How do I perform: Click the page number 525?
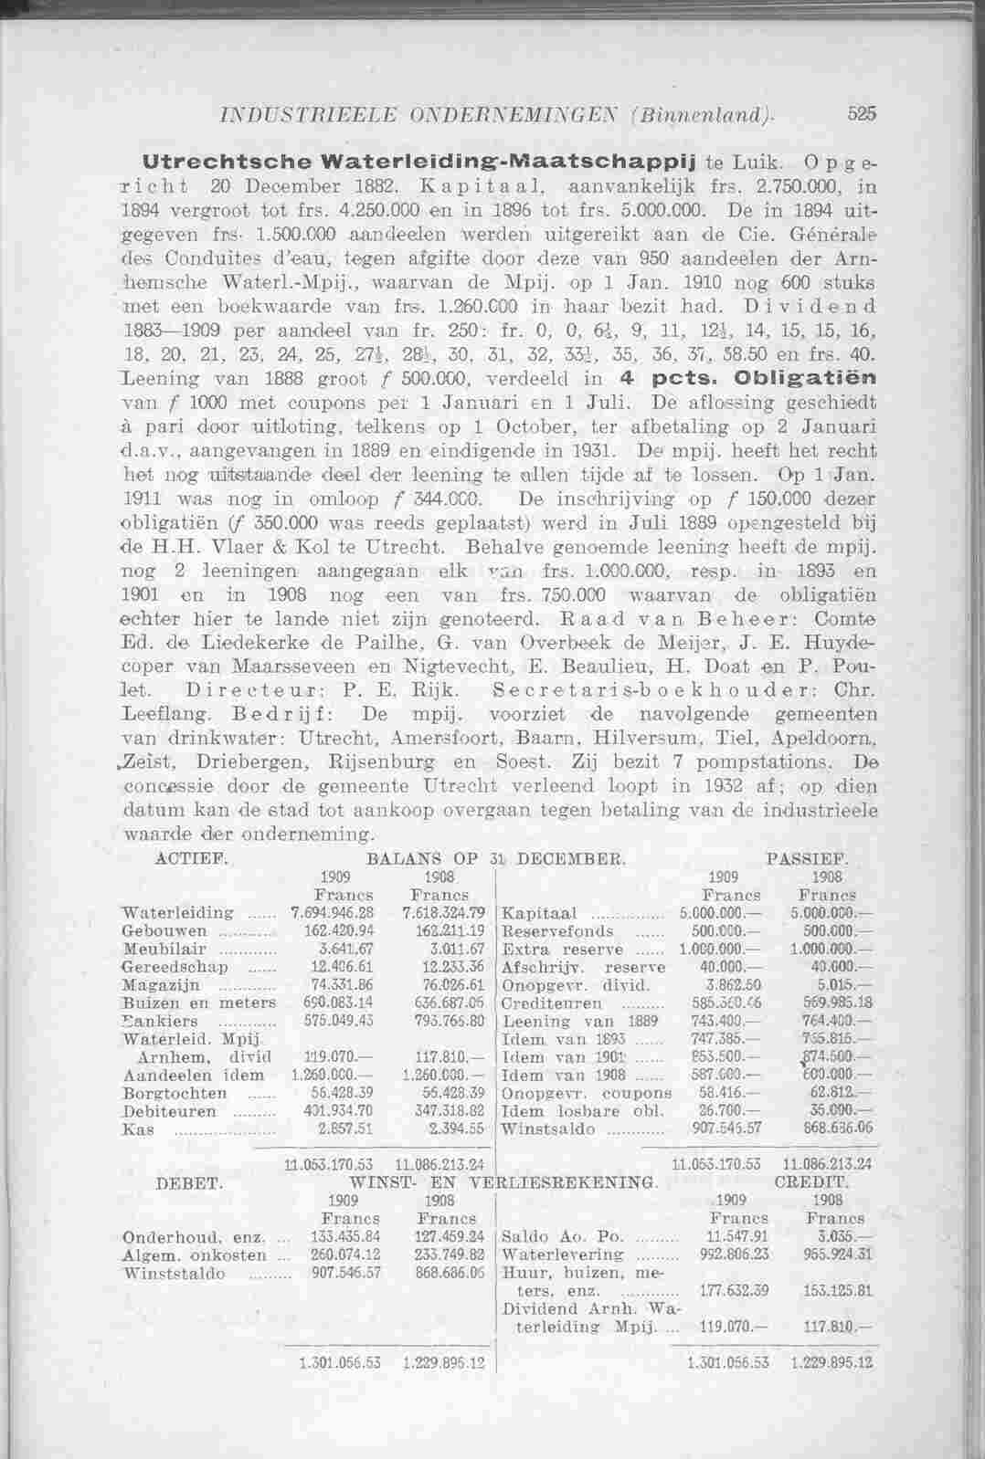pyautogui.click(x=862, y=115)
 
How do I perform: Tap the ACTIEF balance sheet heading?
pyautogui.click(x=182, y=859)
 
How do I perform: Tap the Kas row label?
pyautogui.click(x=133, y=1128)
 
